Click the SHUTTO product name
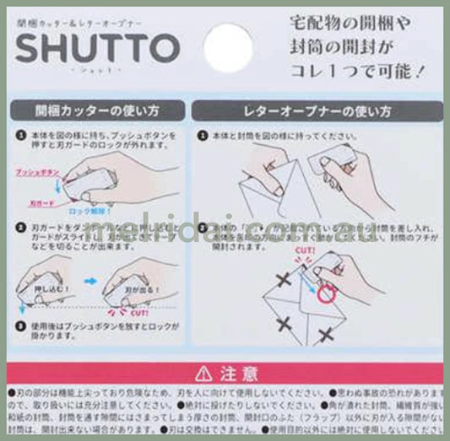(x=97, y=50)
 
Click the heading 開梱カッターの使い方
(x=98, y=110)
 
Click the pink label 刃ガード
(x=38, y=202)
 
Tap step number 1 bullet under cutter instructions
(x=19, y=134)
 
